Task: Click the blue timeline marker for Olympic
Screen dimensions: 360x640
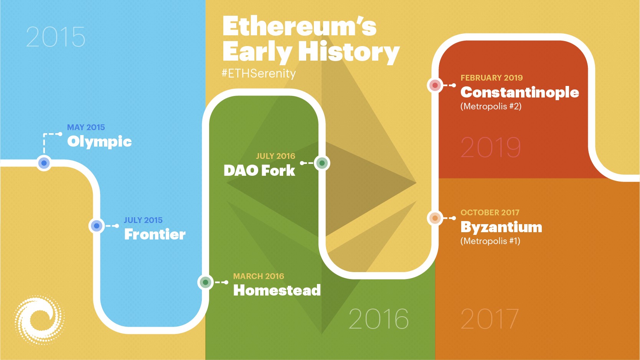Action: [x=44, y=163]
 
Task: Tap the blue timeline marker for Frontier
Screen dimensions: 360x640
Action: [x=97, y=226]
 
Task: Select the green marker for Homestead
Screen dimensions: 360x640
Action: [x=205, y=282]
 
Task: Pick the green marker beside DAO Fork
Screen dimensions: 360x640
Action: [x=322, y=163]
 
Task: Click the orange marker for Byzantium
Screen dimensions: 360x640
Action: [x=435, y=218]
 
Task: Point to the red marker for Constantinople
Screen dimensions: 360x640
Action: [x=435, y=85]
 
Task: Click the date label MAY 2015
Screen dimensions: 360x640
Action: [x=86, y=127]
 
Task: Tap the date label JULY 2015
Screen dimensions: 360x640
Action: [x=143, y=220]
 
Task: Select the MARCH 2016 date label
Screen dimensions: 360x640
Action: [x=259, y=276]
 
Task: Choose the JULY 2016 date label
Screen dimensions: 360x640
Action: [x=275, y=156]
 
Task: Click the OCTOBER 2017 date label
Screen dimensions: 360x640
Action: [x=490, y=213]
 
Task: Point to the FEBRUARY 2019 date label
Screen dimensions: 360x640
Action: [x=492, y=78]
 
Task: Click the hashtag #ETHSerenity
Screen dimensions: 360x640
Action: [x=259, y=73]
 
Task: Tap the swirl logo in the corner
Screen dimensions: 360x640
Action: [x=39, y=320]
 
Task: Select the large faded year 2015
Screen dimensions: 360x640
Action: [x=56, y=37]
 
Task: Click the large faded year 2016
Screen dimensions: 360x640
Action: [x=378, y=319]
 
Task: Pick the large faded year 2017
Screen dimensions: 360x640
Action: [x=490, y=319]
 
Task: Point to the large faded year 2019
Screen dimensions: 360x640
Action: [x=491, y=147]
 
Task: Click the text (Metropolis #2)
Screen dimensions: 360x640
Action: [x=491, y=106]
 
